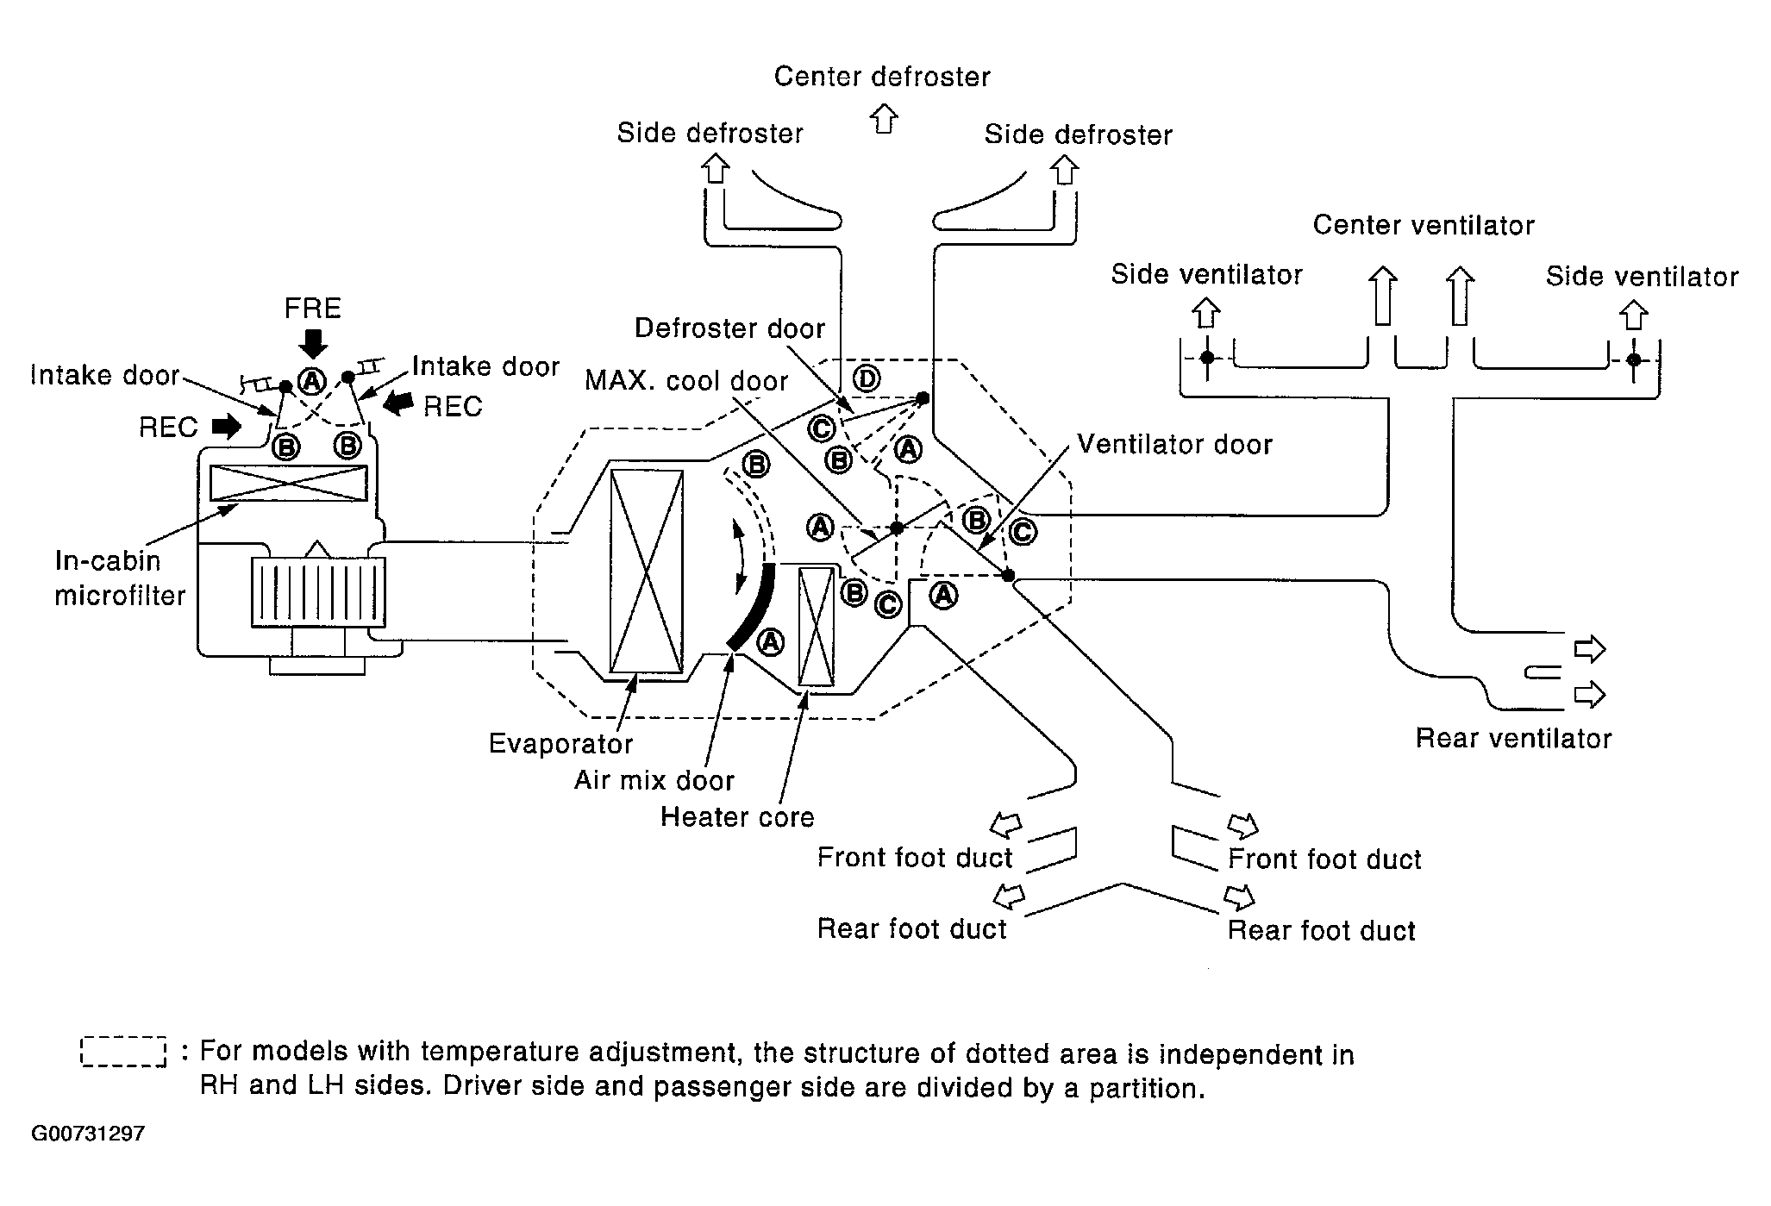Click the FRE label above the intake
pyautogui.click(x=313, y=309)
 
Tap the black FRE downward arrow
pyautogui.click(x=313, y=344)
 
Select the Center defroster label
pyautogui.click(x=882, y=77)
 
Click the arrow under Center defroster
pyautogui.click(x=883, y=118)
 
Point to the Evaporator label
pyautogui.click(x=560, y=744)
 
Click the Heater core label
pyautogui.click(x=737, y=817)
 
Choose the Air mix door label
pyautogui.click(x=654, y=781)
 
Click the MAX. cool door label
pyautogui.click(x=686, y=381)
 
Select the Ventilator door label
pyautogui.click(x=1174, y=445)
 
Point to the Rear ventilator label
pyautogui.click(x=1513, y=739)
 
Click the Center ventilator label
pyautogui.click(x=1424, y=226)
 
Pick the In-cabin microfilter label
pyautogui.click(x=120, y=578)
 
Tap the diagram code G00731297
pyautogui.click(x=88, y=1134)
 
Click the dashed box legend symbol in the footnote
pyautogui.click(x=123, y=1052)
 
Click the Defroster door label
pyautogui.click(x=729, y=328)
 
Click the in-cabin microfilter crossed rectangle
pyautogui.click(x=289, y=483)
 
